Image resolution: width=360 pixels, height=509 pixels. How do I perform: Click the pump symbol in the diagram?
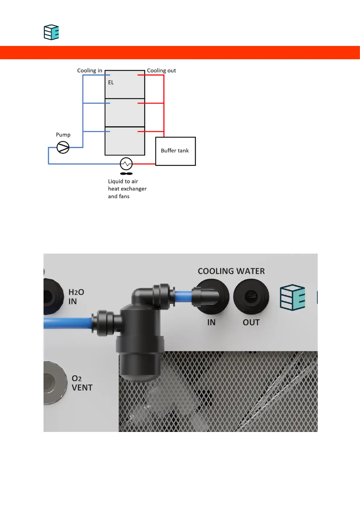coord(63,148)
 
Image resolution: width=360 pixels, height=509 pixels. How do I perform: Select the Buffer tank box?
coord(175,151)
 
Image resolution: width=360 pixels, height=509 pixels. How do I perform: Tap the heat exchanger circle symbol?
coord(126,164)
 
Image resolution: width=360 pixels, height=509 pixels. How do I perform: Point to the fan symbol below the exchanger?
coord(126,173)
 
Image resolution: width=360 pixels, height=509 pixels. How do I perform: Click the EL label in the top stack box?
coord(111,83)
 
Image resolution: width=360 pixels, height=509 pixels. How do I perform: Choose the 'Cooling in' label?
coord(89,71)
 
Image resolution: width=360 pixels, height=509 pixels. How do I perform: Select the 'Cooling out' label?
coord(161,71)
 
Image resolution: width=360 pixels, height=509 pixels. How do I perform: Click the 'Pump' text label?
coord(63,135)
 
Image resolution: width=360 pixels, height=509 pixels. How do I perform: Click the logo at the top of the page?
coord(51,32)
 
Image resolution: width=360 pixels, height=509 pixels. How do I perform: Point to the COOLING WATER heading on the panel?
coord(231,271)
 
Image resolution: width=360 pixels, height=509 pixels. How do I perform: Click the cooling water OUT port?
coord(251,297)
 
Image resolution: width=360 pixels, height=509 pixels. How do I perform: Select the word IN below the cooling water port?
coord(211,323)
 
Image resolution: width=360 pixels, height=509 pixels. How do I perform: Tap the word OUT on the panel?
coord(251,323)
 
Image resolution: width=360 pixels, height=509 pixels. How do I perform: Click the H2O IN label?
coord(76,297)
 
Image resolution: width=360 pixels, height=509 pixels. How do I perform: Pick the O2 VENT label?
coord(82,383)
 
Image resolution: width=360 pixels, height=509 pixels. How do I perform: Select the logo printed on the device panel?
coord(292,297)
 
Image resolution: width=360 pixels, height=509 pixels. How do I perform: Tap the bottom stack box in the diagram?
coord(125,141)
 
